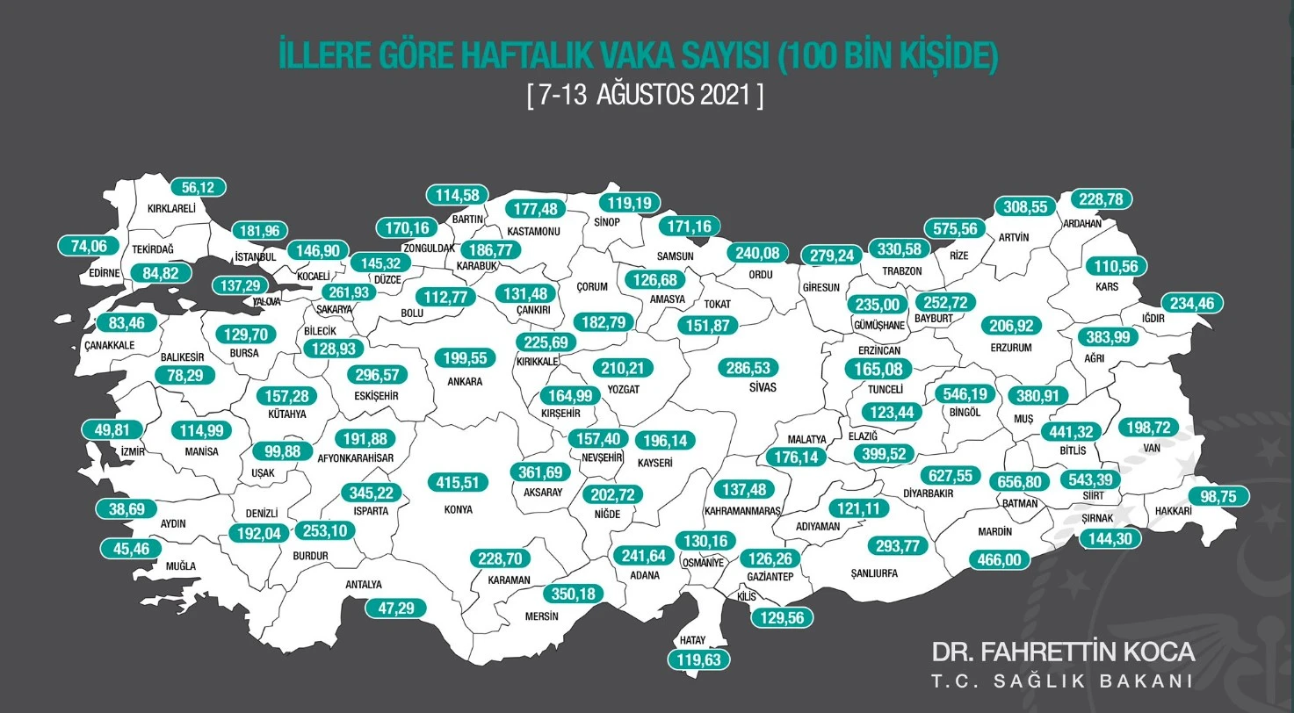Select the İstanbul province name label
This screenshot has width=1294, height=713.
tap(256, 256)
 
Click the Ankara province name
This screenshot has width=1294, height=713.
tap(466, 382)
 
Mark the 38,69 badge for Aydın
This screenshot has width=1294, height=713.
tap(124, 508)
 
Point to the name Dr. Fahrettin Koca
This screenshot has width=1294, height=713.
tap(1063, 652)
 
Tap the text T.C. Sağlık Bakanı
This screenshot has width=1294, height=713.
tap(1061, 681)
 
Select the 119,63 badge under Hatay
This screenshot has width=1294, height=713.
tap(699, 659)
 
